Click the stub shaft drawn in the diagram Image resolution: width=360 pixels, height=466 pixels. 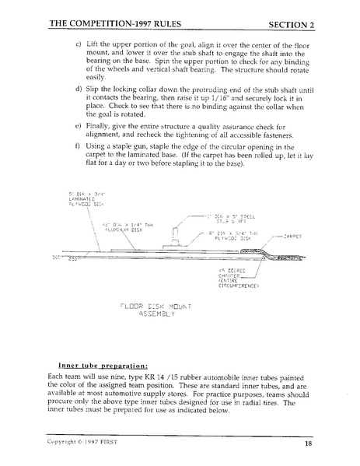179,235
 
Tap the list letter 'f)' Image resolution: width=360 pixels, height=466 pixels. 79,167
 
